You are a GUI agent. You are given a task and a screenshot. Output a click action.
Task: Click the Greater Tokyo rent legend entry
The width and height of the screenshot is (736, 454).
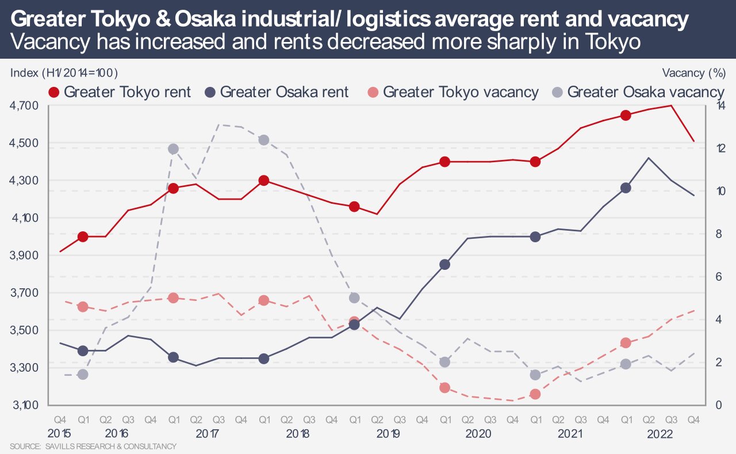127,92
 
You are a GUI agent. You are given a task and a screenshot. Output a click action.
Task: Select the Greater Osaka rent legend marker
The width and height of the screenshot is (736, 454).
209,92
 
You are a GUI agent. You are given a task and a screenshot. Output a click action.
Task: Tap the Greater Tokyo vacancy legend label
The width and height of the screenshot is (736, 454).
460,92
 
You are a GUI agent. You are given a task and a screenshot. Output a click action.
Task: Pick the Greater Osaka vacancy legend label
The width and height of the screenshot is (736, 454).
646,92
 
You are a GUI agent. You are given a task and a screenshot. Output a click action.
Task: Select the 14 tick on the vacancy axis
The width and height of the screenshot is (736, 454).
720,106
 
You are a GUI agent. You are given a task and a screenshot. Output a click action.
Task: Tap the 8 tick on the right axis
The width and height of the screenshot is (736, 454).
719,234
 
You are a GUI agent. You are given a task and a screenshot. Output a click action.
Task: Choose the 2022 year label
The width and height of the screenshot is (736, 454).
660,433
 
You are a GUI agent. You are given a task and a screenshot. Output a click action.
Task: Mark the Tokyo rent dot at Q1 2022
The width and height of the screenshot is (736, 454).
626,115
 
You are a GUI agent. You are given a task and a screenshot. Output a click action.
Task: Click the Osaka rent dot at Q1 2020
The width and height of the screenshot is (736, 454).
444,265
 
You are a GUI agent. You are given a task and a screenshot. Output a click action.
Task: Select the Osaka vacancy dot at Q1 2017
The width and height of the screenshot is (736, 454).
173,149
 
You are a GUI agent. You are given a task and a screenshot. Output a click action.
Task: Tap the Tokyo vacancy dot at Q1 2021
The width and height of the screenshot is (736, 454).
535,394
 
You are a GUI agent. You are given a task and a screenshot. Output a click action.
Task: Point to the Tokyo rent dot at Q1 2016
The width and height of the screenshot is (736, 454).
83,236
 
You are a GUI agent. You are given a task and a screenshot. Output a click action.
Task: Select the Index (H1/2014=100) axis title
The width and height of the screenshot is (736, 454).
64,73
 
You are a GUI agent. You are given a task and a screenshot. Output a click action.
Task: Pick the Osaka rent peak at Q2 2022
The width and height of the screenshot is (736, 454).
649,158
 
